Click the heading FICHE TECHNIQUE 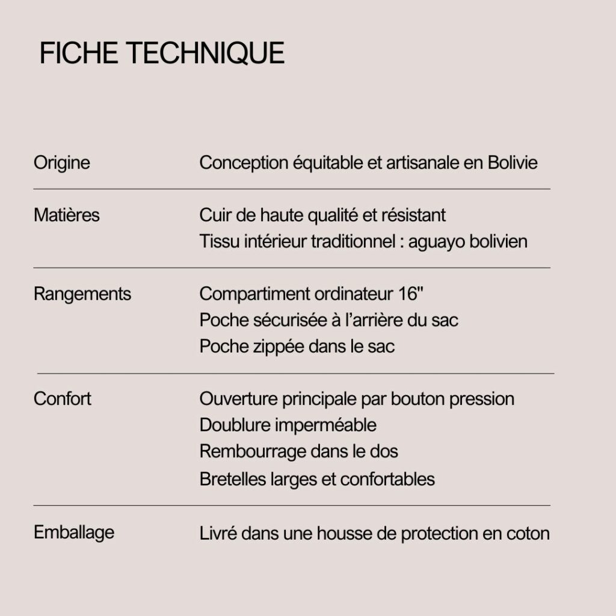click(162, 54)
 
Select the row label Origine click(61, 162)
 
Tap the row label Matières click(66, 215)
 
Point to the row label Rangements click(82, 294)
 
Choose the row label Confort click(62, 399)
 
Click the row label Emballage click(73, 532)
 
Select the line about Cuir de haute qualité click(322, 215)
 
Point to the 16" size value click(411, 294)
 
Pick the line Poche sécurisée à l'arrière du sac click(328, 320)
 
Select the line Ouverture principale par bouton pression click(357, 399)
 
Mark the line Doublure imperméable click(288, 425)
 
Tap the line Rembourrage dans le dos click(298, 451)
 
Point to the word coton click(529, 534)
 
